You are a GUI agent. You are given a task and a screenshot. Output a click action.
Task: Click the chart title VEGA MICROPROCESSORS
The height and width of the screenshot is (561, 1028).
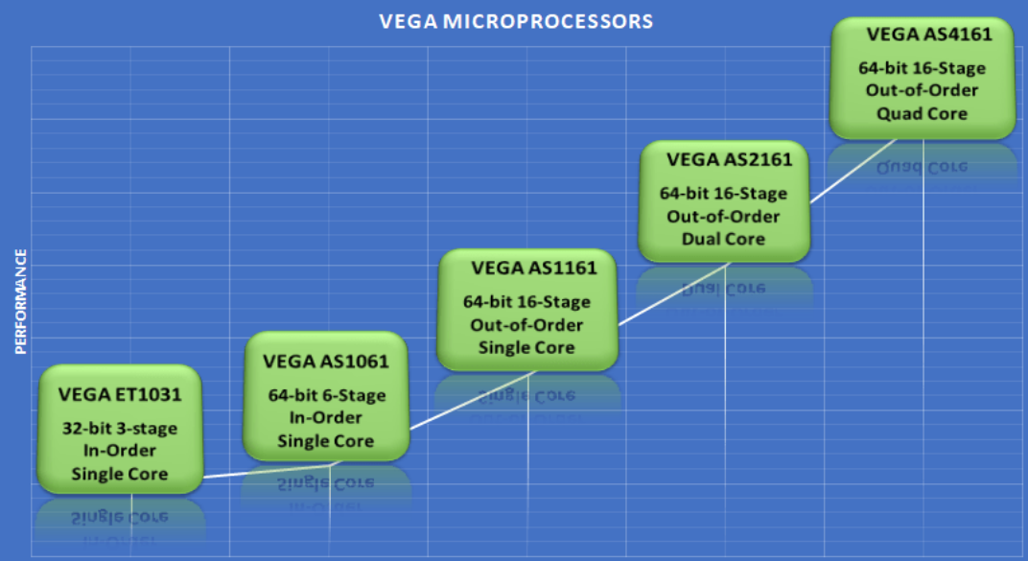coord(516,22)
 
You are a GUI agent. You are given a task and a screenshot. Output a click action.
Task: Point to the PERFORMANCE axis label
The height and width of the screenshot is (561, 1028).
coord(21,301)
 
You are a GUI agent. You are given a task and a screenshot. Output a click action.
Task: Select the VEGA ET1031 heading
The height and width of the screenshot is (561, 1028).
coord(120,394)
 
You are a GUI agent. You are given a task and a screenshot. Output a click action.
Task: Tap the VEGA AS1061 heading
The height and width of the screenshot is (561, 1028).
coord(326,362)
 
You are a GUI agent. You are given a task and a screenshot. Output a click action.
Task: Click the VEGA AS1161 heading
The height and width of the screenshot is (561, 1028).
coord(534,269)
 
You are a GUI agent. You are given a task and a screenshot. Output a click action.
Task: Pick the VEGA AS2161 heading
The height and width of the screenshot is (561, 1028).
coord(729,159)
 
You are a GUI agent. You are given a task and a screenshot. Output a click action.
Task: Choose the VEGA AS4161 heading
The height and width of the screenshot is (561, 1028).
coord(929,35)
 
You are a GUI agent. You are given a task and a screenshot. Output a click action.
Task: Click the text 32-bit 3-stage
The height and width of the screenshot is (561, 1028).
coord(120,429)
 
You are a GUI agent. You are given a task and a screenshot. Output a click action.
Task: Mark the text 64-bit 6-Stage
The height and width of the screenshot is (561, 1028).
coord(326,395)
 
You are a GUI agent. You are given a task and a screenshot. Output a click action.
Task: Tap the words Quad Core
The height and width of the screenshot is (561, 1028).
coord(922,113)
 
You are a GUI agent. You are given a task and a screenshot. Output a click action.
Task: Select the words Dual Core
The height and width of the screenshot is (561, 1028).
coord(723,239)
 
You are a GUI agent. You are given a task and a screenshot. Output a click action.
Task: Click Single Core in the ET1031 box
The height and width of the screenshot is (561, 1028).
coord(119,474)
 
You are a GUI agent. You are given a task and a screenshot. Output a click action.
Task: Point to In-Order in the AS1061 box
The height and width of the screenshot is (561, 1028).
coord(325,417)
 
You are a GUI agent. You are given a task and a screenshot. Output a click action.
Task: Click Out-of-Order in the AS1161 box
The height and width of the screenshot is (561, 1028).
coord(526,325)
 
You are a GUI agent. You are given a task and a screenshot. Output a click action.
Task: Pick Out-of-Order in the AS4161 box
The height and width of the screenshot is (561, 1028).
coord(922,90)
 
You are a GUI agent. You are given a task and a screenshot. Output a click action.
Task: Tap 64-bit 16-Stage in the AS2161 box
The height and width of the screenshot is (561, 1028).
coord(723,194)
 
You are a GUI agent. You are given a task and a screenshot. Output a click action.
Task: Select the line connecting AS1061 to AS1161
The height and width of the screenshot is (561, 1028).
coord(473,401)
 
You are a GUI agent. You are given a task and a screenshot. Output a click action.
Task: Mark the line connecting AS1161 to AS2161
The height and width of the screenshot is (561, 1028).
coord(673,294)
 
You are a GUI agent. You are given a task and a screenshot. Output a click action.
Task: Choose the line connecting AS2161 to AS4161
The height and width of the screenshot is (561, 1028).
coord(853,171)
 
